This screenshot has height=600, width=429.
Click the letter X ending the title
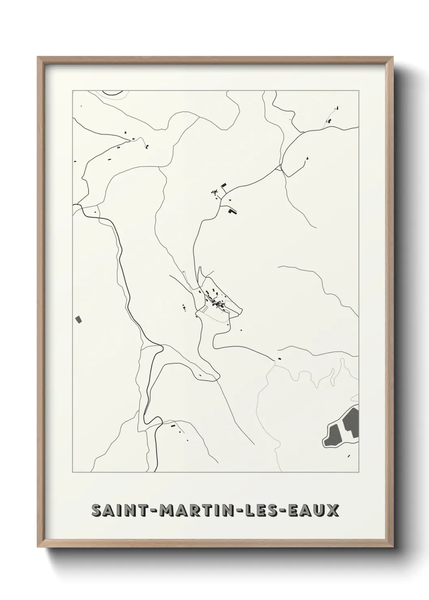click(333, 510)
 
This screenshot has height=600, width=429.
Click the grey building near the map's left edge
click(79, 319)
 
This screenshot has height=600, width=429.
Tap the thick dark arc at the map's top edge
click(113, 94)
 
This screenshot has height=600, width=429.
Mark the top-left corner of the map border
click(73, 91)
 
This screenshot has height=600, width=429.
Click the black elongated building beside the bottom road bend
click(173, 426)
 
